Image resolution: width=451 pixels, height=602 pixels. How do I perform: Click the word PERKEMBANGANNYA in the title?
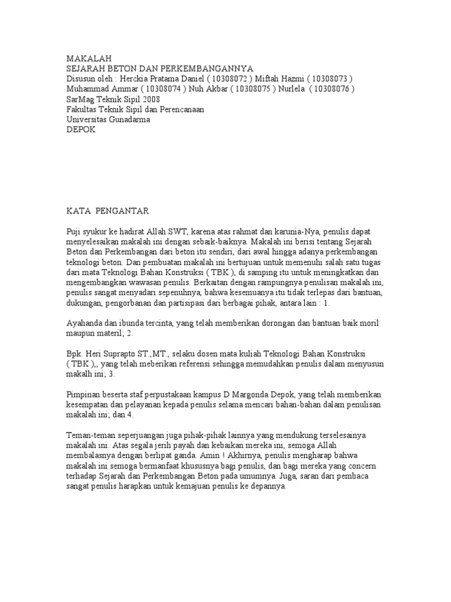211,69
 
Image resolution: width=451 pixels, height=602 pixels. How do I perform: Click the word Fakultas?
82,109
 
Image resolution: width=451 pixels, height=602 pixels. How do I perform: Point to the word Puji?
74,232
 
